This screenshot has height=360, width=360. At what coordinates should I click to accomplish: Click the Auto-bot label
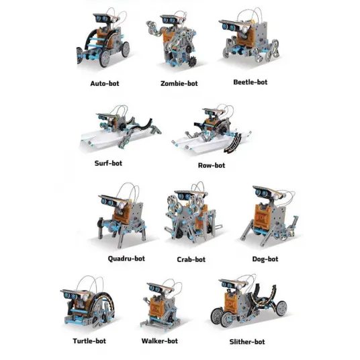105,83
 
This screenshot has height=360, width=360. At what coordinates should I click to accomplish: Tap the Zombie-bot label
179,83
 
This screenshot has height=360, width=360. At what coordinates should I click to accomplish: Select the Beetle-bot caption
251,82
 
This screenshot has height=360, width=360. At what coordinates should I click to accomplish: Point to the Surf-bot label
108,163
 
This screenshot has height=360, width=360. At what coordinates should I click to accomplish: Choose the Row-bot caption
212,165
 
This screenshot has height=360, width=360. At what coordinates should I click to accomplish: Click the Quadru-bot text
126,259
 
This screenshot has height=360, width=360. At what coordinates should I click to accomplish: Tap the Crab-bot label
191,259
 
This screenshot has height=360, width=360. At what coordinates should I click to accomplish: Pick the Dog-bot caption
265,259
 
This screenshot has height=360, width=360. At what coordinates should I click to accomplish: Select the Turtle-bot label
89,341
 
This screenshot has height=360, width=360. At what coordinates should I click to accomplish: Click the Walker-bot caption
160,341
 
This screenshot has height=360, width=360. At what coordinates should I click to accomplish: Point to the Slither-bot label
247,342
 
